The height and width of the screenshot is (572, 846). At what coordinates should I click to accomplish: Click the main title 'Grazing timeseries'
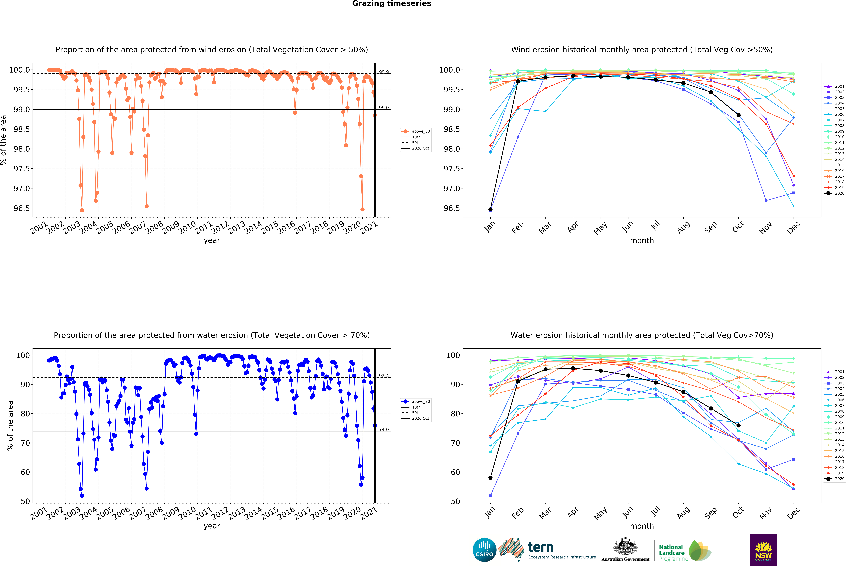pyautogui.click(x=391, y=4)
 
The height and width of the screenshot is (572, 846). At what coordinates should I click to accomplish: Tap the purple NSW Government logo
pyautogui.click(x=763, y=550)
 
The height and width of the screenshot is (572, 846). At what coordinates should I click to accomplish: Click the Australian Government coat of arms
pyautogui.click(x=625, y=546)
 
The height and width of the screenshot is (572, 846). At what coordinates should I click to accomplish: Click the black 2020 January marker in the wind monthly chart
pyautogui.click(x=490, y=209)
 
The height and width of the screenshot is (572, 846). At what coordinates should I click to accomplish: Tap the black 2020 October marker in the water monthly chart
pyautogui.click(x=738, y=425)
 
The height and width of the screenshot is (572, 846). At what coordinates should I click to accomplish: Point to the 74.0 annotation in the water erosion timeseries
pyautogui.click(x=384, y=430)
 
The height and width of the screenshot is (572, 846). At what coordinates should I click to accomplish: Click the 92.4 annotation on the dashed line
pyautogui.click(x=384, y=376)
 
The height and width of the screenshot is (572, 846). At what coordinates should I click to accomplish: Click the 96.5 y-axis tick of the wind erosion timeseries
pyautogui.click(x=21, y=208)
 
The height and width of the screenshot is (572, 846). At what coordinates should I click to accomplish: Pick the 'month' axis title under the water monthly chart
pyautogui.click(x=642, y=526)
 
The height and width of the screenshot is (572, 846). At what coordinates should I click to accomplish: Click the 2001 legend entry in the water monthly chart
pyautogui.click(x=834, y=372)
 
